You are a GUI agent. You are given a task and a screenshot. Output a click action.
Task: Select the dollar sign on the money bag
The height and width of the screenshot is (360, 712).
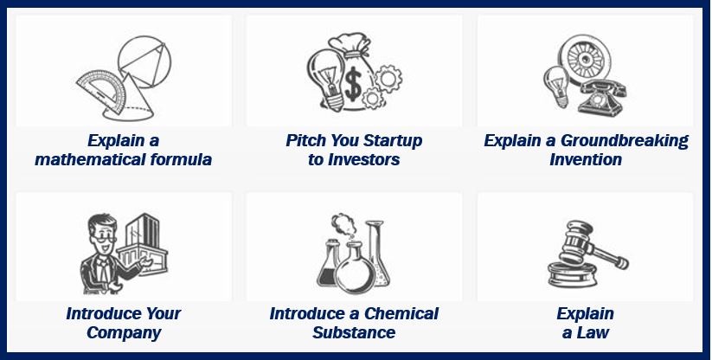click(x=353, y=85)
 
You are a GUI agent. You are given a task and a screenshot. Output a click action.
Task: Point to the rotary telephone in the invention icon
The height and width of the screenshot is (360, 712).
click(x=600, y=98)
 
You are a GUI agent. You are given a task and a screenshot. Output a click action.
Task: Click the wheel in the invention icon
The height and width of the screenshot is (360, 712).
click(x=584, y=59)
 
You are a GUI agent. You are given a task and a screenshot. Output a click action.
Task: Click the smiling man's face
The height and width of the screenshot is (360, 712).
click(x=103, y=234)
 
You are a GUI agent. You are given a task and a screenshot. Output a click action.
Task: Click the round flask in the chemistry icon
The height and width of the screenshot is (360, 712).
click(x=354, y=268)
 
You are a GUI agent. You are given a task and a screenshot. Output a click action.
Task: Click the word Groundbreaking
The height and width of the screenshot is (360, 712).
click(x=625, y=141)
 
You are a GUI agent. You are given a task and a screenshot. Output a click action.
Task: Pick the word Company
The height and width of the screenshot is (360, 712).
click(x=124, y=332)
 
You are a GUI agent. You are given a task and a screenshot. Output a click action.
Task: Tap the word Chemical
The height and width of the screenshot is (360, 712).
click(x=401, y=313)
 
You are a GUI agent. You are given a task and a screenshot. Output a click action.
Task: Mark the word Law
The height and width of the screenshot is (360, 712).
click(x=592, y=332)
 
